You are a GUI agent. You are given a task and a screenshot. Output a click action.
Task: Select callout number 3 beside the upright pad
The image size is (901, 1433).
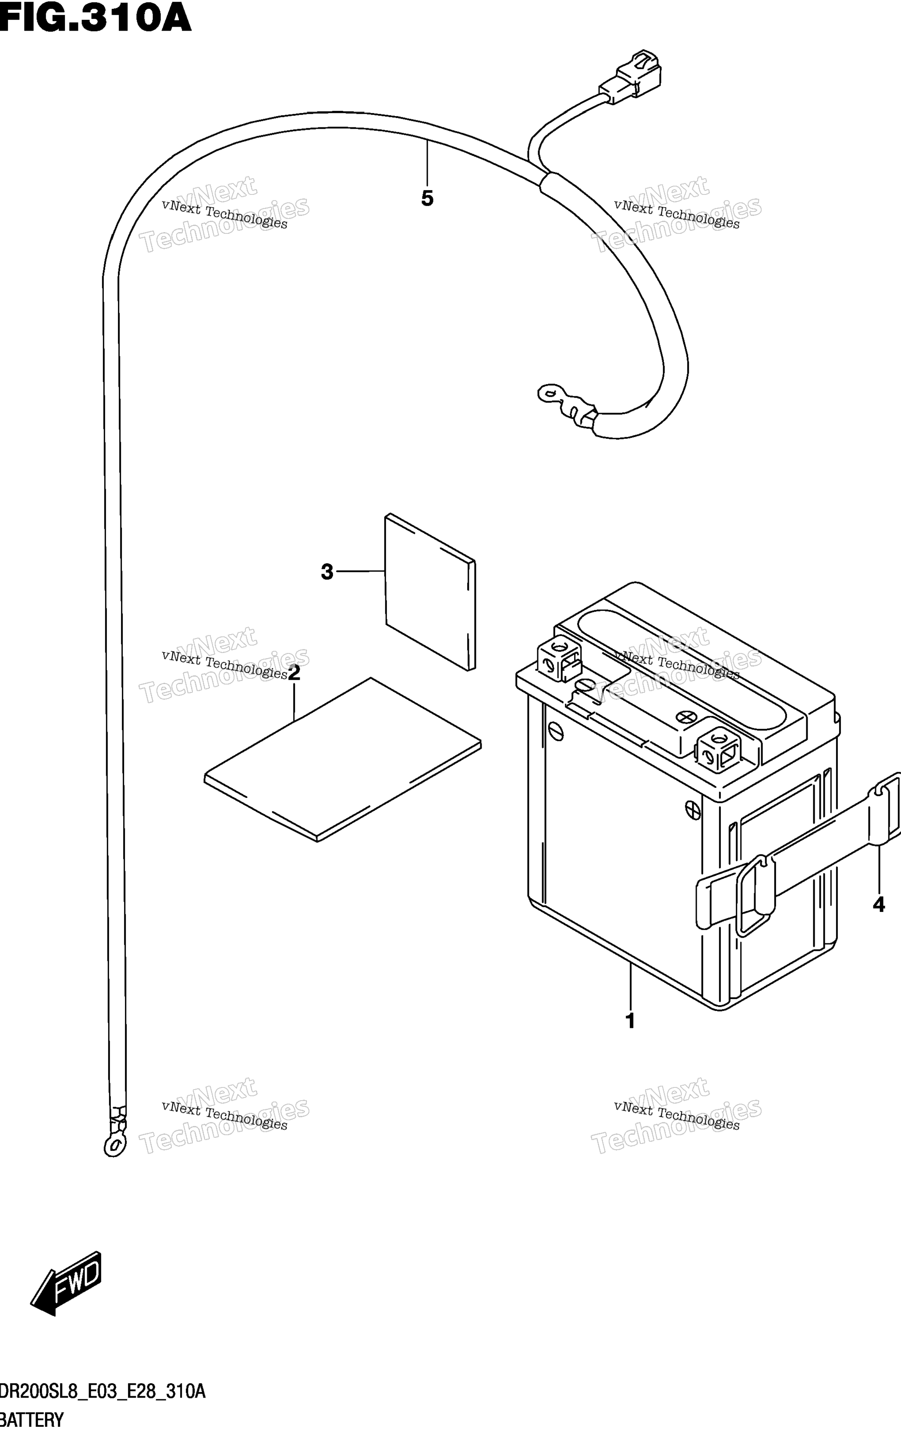click(327, 572)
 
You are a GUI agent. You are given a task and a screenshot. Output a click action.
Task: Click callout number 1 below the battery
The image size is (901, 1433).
click(630, 1021)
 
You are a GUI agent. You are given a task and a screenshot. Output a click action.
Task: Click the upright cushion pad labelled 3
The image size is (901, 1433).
click(430, 592)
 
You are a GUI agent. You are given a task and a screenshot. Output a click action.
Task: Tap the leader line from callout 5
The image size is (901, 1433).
click(427, 162)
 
